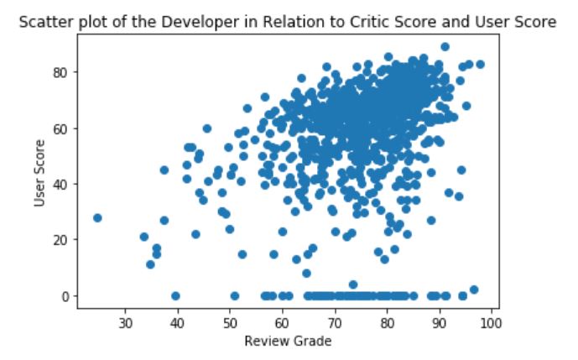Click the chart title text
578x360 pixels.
289,23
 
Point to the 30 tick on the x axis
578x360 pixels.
125,321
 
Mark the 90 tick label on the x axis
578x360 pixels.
439,321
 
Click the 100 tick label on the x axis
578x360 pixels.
491,321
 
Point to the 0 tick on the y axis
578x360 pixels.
64,295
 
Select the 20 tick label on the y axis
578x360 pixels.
60,240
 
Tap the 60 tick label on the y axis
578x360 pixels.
60,128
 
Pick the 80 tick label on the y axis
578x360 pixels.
60,72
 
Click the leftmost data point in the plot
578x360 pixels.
97,217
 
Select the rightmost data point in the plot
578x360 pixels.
480,64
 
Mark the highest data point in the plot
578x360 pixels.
445,47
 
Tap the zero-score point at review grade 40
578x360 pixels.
175,295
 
